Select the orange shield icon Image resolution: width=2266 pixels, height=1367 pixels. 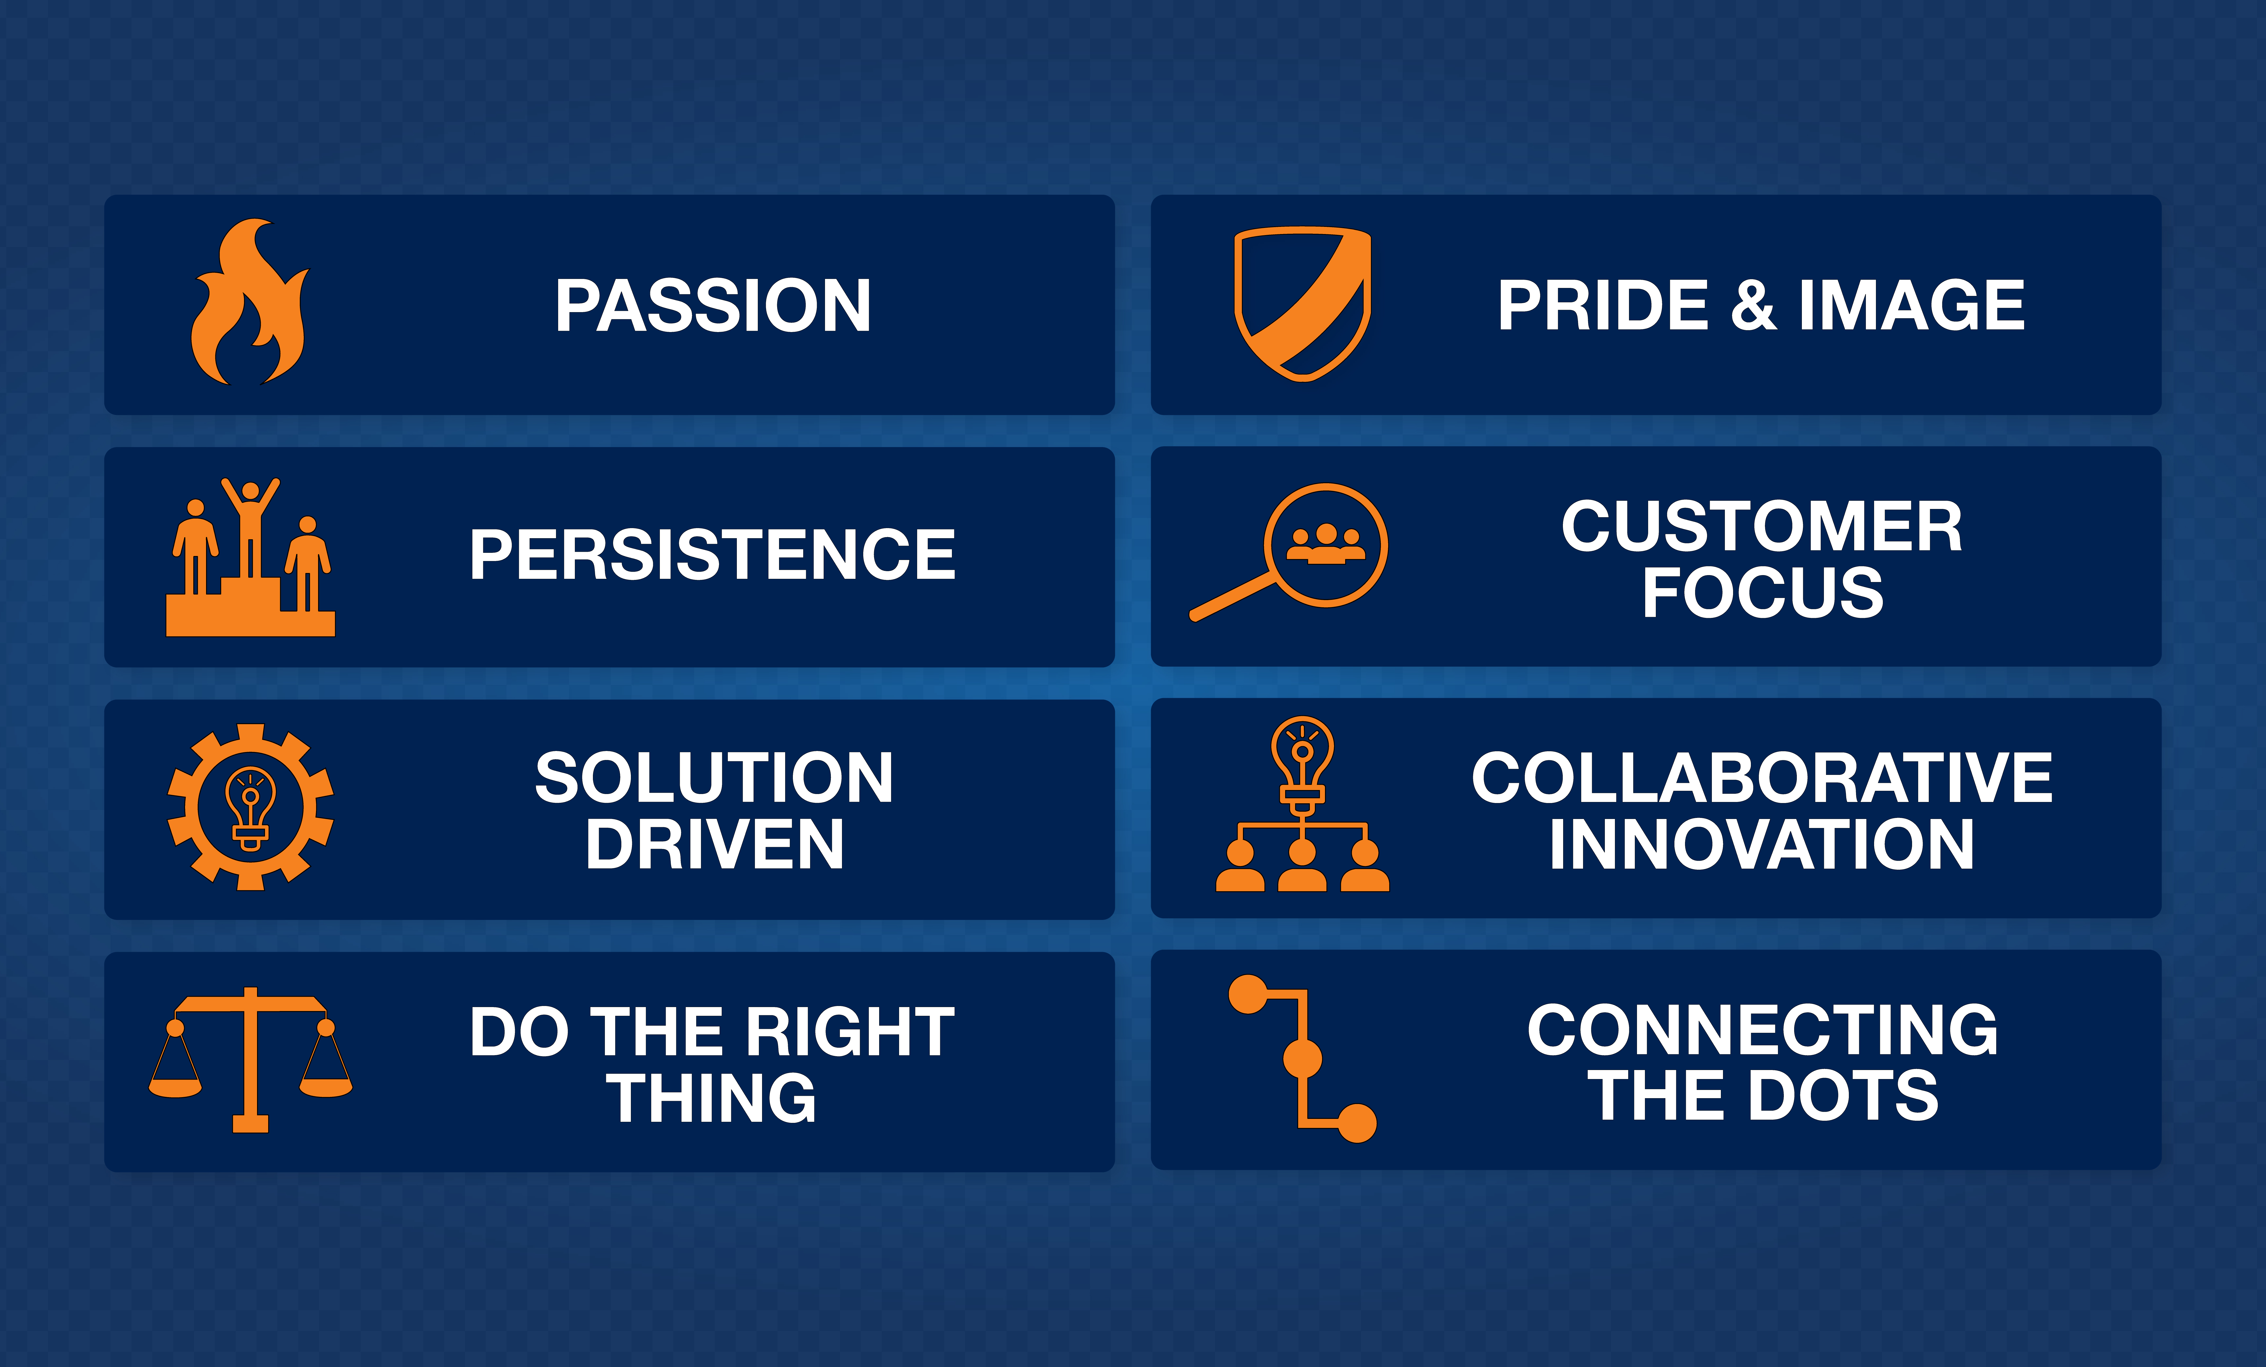point(1302,304)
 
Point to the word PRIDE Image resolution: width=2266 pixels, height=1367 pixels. point(1603,305)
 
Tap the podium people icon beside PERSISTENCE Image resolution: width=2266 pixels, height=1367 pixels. point(250,558)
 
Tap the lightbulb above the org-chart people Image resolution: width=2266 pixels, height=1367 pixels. point(1302,763)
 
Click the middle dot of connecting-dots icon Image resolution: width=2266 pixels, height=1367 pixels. point(1302,1059)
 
